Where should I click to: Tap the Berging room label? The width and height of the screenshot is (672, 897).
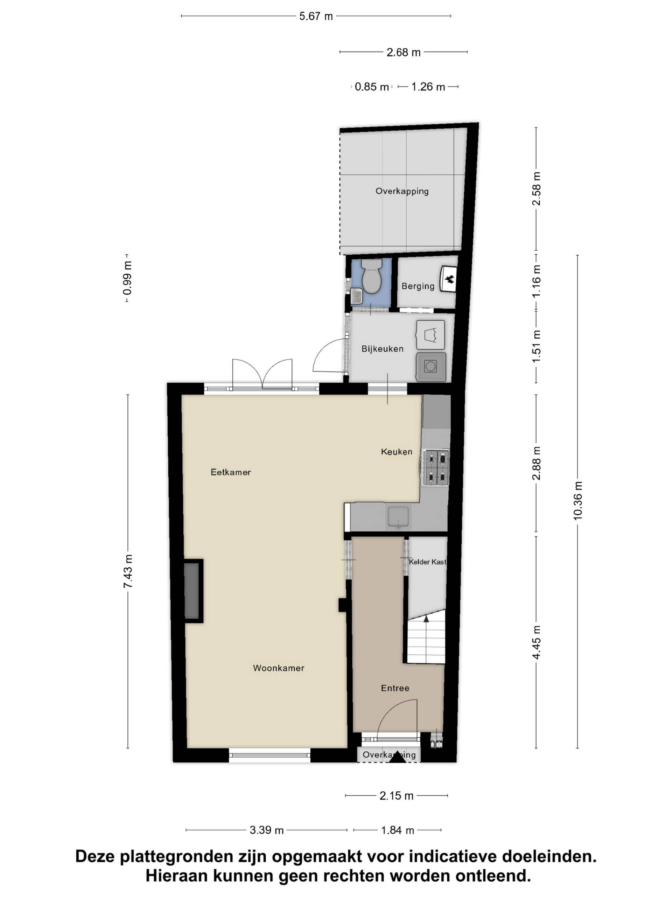click(x=418, y=286)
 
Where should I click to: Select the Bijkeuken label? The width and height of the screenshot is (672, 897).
click(x=383, y=348)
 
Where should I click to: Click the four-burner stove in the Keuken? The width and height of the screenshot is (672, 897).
click(x=436, y=467)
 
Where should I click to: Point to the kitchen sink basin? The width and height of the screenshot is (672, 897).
click(x=398, y=516)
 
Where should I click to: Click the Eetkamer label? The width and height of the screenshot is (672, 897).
click(x=231, y=472)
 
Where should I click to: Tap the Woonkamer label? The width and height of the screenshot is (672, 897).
click(x=278, y=668)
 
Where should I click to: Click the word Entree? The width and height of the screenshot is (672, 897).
click(x=395, y=688)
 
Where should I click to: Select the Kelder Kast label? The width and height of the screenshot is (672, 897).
click(x=427, y=562)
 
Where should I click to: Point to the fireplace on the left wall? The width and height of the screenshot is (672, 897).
click(x=193, y=591)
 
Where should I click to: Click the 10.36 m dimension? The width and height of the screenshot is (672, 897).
click(x=577, y=500)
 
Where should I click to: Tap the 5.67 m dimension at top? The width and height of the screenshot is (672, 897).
click(x=316, y=16)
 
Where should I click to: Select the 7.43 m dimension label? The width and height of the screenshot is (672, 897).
click(x=128, y=571)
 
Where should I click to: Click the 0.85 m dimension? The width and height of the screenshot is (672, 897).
click(x=371, y=87)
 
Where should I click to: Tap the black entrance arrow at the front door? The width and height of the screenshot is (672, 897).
click(x=397, y=758)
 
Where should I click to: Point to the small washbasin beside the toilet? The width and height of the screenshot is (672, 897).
click(x=356, y=296)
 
